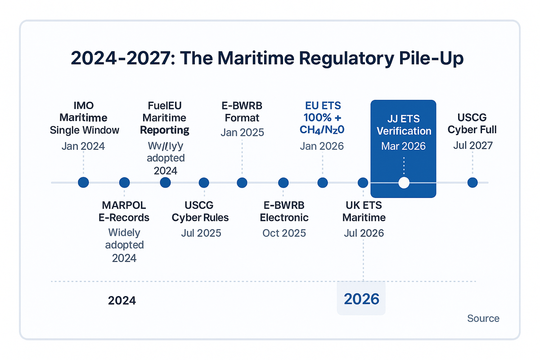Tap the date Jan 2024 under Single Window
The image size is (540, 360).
(x=84, y=146)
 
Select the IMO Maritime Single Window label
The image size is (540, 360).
(x=84, y=118)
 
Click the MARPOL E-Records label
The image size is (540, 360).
(x=124, y=211)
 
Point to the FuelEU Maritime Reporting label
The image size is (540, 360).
(x=165, y=118)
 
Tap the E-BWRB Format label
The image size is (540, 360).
(x=242, y=112)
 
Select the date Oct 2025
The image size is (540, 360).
(x=284, y=233)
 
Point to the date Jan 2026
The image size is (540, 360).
(x=322, y=146)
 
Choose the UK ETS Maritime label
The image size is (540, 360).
(x=364, y=211)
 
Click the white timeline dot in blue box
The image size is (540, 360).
(x=404, y=183)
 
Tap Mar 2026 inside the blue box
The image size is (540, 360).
(x=404, y=147)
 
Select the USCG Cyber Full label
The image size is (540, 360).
(x=472, y=124)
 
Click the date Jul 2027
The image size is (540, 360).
(x=472, y=145)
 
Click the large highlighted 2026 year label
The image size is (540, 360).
(x=361, y=299)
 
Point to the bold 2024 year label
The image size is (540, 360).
(x=122, y=300)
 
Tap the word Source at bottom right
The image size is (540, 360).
(x=483, y=319)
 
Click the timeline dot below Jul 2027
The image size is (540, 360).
(x=472, y=183)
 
